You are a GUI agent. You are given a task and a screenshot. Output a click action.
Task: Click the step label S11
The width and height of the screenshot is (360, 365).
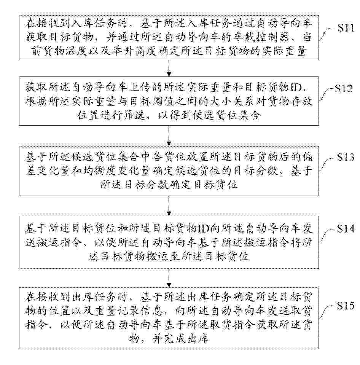pyautogui.click(x=346, y=28)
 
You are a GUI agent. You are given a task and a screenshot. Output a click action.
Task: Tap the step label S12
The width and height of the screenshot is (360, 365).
pyautogui.click(x=344, y=89)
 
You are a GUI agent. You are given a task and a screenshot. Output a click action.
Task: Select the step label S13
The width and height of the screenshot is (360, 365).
pyautogui.click(x=346, y=157)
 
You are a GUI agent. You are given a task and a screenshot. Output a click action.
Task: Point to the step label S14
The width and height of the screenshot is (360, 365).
pyautogui.click(x=346, y=229)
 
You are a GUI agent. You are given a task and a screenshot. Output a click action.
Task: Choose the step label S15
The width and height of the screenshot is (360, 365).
pyautogui.click(x=346, y=306)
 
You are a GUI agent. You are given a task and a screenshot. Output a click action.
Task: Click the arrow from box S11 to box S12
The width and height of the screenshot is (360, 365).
pyautogui.click(x=169, y=68)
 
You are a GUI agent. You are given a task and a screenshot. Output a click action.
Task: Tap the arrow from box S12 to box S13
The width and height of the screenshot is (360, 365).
pyautogui.click(x=169, y=135)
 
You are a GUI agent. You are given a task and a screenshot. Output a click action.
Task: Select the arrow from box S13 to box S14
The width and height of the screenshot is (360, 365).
pyautogui.click(x=169, y=206)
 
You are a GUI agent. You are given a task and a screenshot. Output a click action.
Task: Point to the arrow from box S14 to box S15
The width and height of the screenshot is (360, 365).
pyautogui.click(x=169, y=278)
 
